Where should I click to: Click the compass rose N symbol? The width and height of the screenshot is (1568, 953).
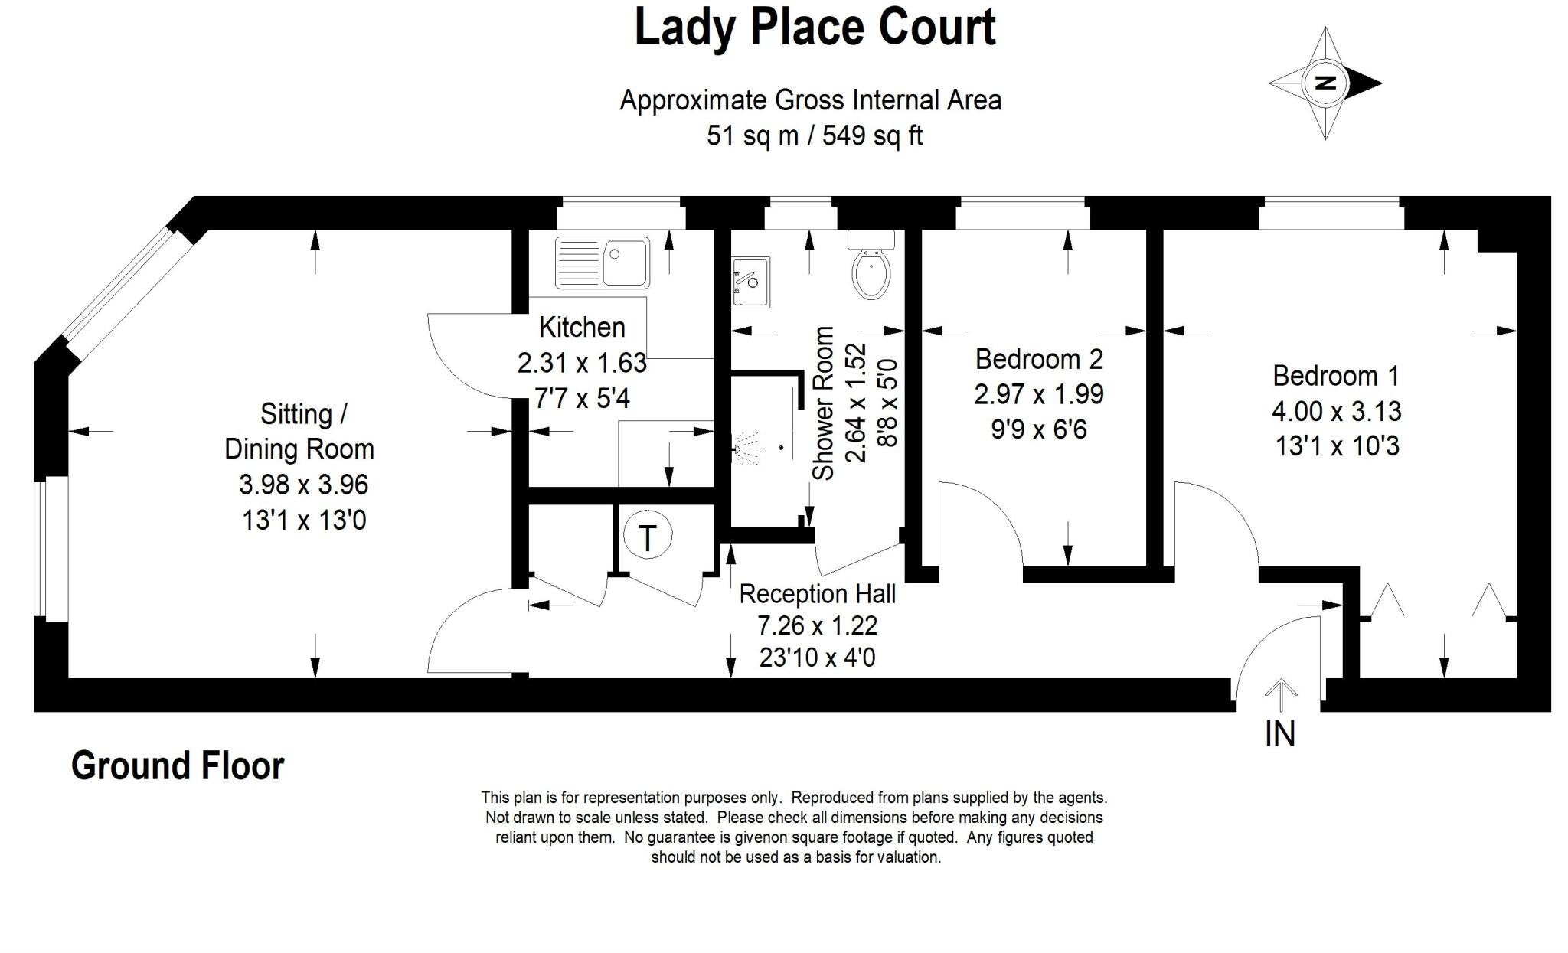point(1325,83)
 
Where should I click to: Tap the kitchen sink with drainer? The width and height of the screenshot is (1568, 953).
point(603,262)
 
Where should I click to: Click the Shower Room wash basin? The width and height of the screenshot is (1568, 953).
point(751,282)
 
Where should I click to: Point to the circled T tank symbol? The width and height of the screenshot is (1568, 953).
point(647,537)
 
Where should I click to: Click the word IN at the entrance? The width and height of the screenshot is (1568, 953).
point(1279,733)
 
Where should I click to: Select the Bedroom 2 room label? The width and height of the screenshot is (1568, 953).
point(1039,359)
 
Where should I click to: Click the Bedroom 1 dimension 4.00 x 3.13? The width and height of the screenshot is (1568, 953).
point(1336,411)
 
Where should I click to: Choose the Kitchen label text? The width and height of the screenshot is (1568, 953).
point(582,328)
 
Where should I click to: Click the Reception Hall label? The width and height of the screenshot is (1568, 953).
point(817,594)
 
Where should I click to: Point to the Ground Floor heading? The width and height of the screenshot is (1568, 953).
point(178,765)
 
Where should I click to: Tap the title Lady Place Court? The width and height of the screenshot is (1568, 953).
point(815,28)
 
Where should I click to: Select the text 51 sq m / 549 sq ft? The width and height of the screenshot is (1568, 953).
point(815,136)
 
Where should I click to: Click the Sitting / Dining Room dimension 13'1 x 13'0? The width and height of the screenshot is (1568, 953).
point(304,521)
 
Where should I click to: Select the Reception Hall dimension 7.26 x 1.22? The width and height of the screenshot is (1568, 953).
point(817,626)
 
